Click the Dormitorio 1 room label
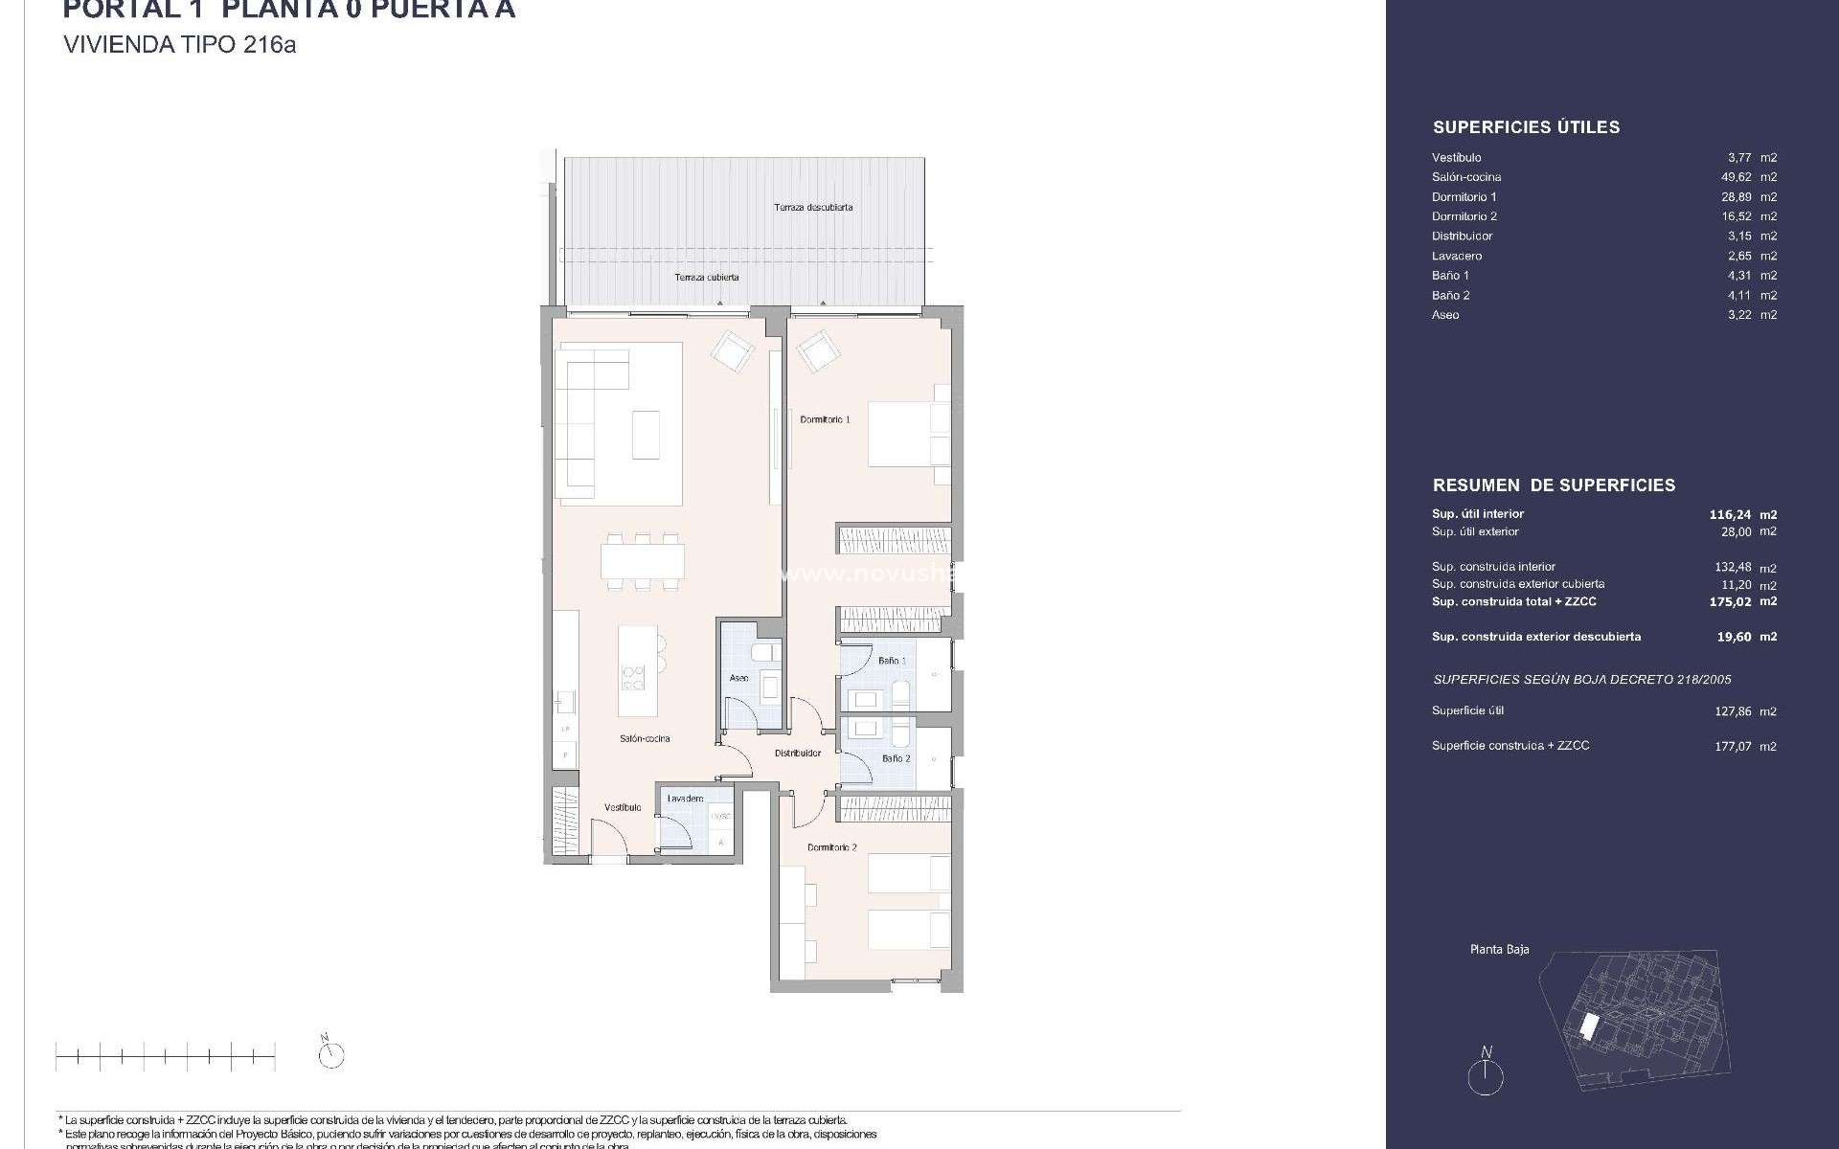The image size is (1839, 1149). pyautogui.click(x=825, y=419)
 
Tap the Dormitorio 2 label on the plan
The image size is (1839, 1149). pyautogui.click(x=831, y=847)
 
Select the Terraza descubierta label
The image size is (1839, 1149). pyautogui.click(x=813, y=207)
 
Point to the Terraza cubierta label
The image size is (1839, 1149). pyautogui.click(x=706, y=277)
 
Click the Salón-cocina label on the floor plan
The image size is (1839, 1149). pyautogui.click(x=645, y=738)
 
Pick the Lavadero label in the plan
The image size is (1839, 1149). pyautogui.click(x=685, y=799)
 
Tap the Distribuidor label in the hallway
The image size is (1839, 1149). pyautogui.click(x=798, y=754)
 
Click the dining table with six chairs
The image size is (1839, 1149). pyautogui.click(x=643, y=561)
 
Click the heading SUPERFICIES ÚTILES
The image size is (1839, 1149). pyautogui.click(x=1526, y=127)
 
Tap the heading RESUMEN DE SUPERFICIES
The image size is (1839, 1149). pyautogui.click(x=1554, y=485)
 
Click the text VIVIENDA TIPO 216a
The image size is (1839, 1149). pyautogui.click(x=179, y=44)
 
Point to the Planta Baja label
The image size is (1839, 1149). pyautogui.click(x=1499, y=950)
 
